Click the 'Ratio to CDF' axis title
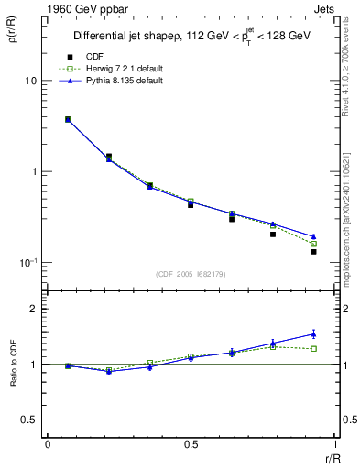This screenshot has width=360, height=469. [x=13, y=364]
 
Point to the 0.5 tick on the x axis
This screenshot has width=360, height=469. [x=191, y=445]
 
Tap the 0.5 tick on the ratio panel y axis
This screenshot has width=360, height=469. [x=29, y=420]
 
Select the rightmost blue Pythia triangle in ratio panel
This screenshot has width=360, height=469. [x=313, y=333]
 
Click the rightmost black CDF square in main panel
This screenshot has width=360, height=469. [x=313, y=251]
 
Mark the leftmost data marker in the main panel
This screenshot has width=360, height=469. [x=68, y=119]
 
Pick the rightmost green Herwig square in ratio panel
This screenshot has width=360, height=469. [x=313, y=349]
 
